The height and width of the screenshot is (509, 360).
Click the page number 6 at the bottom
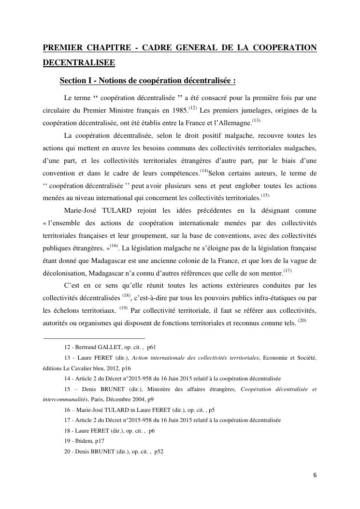coord(315,475)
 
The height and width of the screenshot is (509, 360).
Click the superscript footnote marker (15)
coord(265,195)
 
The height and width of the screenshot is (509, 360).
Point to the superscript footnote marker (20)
coord(302,320)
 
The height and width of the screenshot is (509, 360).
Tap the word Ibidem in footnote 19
coord(81,441)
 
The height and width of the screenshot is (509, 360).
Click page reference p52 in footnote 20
coord(159,451)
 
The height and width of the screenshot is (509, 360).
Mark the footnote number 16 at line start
coord(67,409)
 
